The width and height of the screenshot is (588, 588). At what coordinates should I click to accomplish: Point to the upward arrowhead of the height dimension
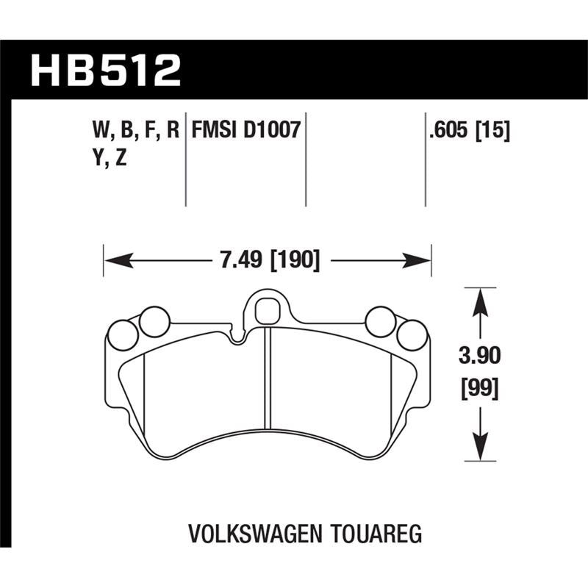479,296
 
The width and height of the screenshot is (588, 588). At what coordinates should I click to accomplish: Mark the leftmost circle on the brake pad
122,337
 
